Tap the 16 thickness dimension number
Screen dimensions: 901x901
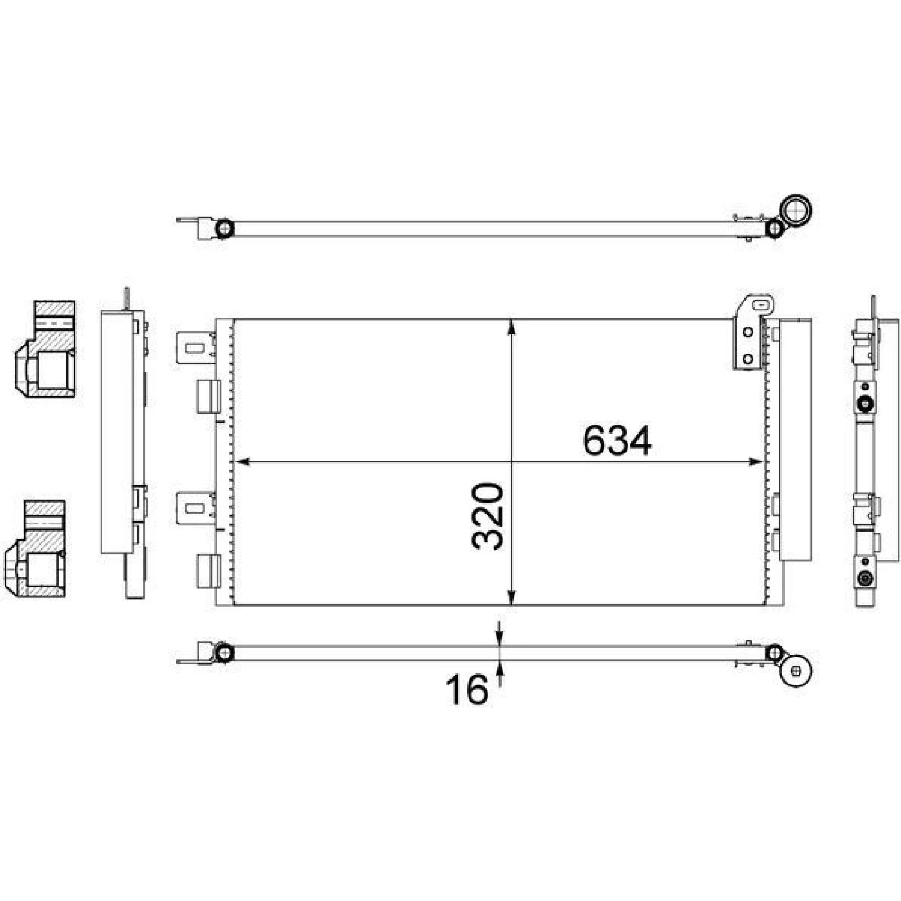[467, 690]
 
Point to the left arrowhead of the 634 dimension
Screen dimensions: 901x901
[241, 462]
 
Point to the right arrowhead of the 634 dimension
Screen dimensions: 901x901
[756, 462]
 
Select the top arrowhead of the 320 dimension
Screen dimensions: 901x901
[511, 328]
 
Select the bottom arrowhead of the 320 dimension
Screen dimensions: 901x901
[511, 597]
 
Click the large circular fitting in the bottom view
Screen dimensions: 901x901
[796, 671]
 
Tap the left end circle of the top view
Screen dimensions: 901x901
[225, 228]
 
